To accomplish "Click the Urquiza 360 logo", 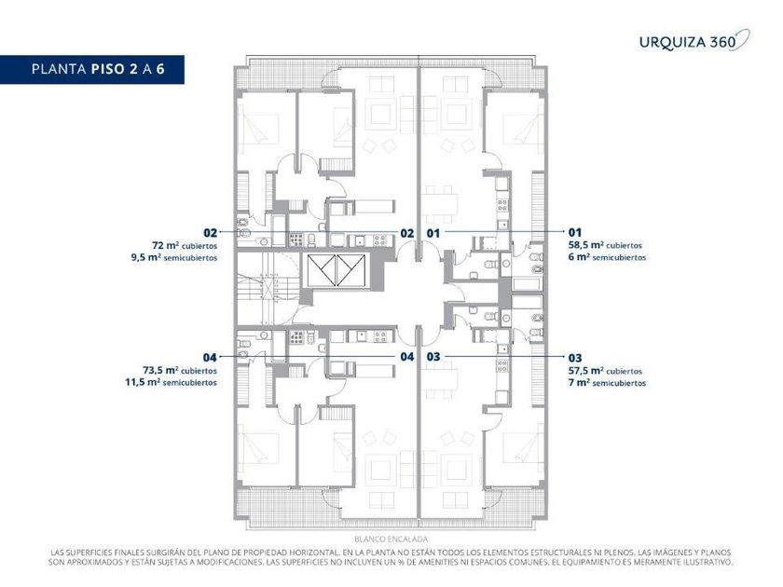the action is (x=694, y=40).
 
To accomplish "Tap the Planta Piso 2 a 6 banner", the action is (x=92, y=69).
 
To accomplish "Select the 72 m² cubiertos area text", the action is (x=185, y=246).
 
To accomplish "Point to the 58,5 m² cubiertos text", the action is (x=605, y=246).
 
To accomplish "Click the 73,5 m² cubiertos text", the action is (x=180, y=371).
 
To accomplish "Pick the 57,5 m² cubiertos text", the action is (x=605, y=371).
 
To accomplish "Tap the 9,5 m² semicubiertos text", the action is (x=174, y=258).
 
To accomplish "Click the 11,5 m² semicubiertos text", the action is (x=171, y=383).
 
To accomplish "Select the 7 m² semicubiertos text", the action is (x=607, y=383).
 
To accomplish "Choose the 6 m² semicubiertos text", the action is (x=607, y=257).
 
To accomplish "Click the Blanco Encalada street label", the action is (x=391, y=539).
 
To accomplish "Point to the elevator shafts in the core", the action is (x=337, y=270).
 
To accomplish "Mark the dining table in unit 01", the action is (x=440, y=204).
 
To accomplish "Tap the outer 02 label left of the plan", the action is (x=211, y=233).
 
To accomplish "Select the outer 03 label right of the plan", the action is (x=575, y=358).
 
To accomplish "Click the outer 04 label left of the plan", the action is (x=210, y=358).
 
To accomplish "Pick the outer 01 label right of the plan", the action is (x=575, y=232).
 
